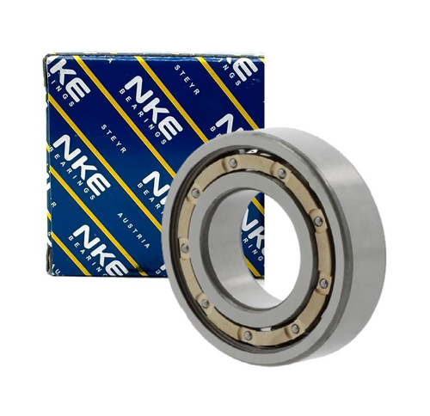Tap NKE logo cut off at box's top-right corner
point(246,70)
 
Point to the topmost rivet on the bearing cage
point(233,161)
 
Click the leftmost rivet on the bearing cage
point(184,248)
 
